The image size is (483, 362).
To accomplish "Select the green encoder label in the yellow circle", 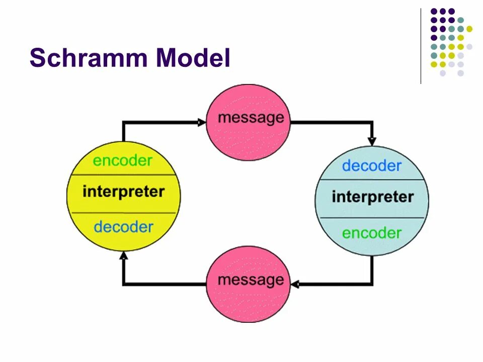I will (123, 161).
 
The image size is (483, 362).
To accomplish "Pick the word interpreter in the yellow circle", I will (123, 192).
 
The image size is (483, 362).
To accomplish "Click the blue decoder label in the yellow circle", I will (123, 227).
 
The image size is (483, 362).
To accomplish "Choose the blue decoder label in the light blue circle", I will (372, 165).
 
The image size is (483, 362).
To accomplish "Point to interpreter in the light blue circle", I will (372, 197).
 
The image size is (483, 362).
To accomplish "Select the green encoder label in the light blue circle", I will (372, 233).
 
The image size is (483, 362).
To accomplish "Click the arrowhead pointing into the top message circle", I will (202, 122).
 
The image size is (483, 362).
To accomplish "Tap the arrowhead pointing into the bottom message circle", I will (295, 285).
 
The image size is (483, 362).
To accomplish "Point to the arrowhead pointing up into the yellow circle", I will (123, 255).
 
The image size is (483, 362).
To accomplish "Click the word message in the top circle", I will (251, 118).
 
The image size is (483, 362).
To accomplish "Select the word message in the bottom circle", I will (251, 280).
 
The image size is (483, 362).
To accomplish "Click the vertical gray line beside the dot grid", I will (421, 45).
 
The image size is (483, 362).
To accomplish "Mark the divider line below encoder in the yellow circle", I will (123, 175).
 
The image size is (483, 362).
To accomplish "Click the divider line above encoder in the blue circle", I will (372, 218).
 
